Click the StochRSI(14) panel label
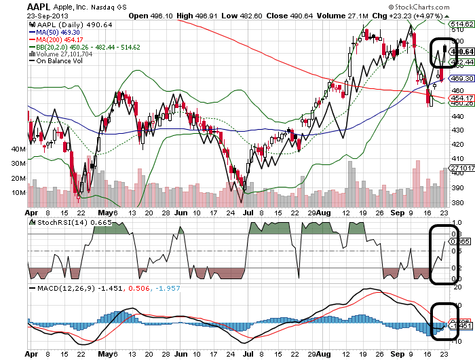pyautogui.click(x=64, y=222)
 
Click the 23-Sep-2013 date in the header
pyautogui.click(x=23, y=15)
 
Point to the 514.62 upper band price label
pyautogui.click(x=461, y=22)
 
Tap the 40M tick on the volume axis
pyautogui.click(x=18, y=148)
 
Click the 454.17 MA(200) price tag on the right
pyautogui.click(x=461, y=97)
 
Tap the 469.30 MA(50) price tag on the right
pyautogui.click(x=461, y=79)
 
